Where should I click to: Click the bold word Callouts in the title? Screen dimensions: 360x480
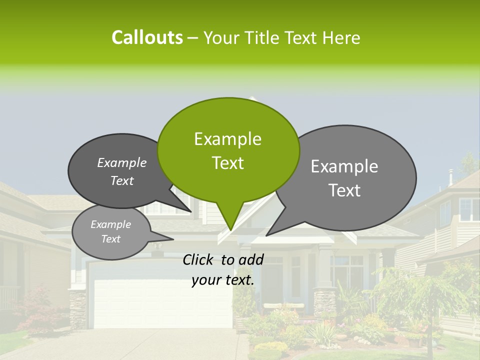point(147,37)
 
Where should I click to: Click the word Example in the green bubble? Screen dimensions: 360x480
point(227,139)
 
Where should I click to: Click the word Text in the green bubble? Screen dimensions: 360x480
point(227,163)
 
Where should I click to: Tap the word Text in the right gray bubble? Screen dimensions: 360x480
point(345,190)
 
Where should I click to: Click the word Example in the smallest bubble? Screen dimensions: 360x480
point(110,224)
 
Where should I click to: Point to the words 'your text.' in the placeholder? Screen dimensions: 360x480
point(223,280)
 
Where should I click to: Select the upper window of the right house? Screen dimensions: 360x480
point(469,209)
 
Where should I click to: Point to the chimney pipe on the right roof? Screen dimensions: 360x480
point(450,176)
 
